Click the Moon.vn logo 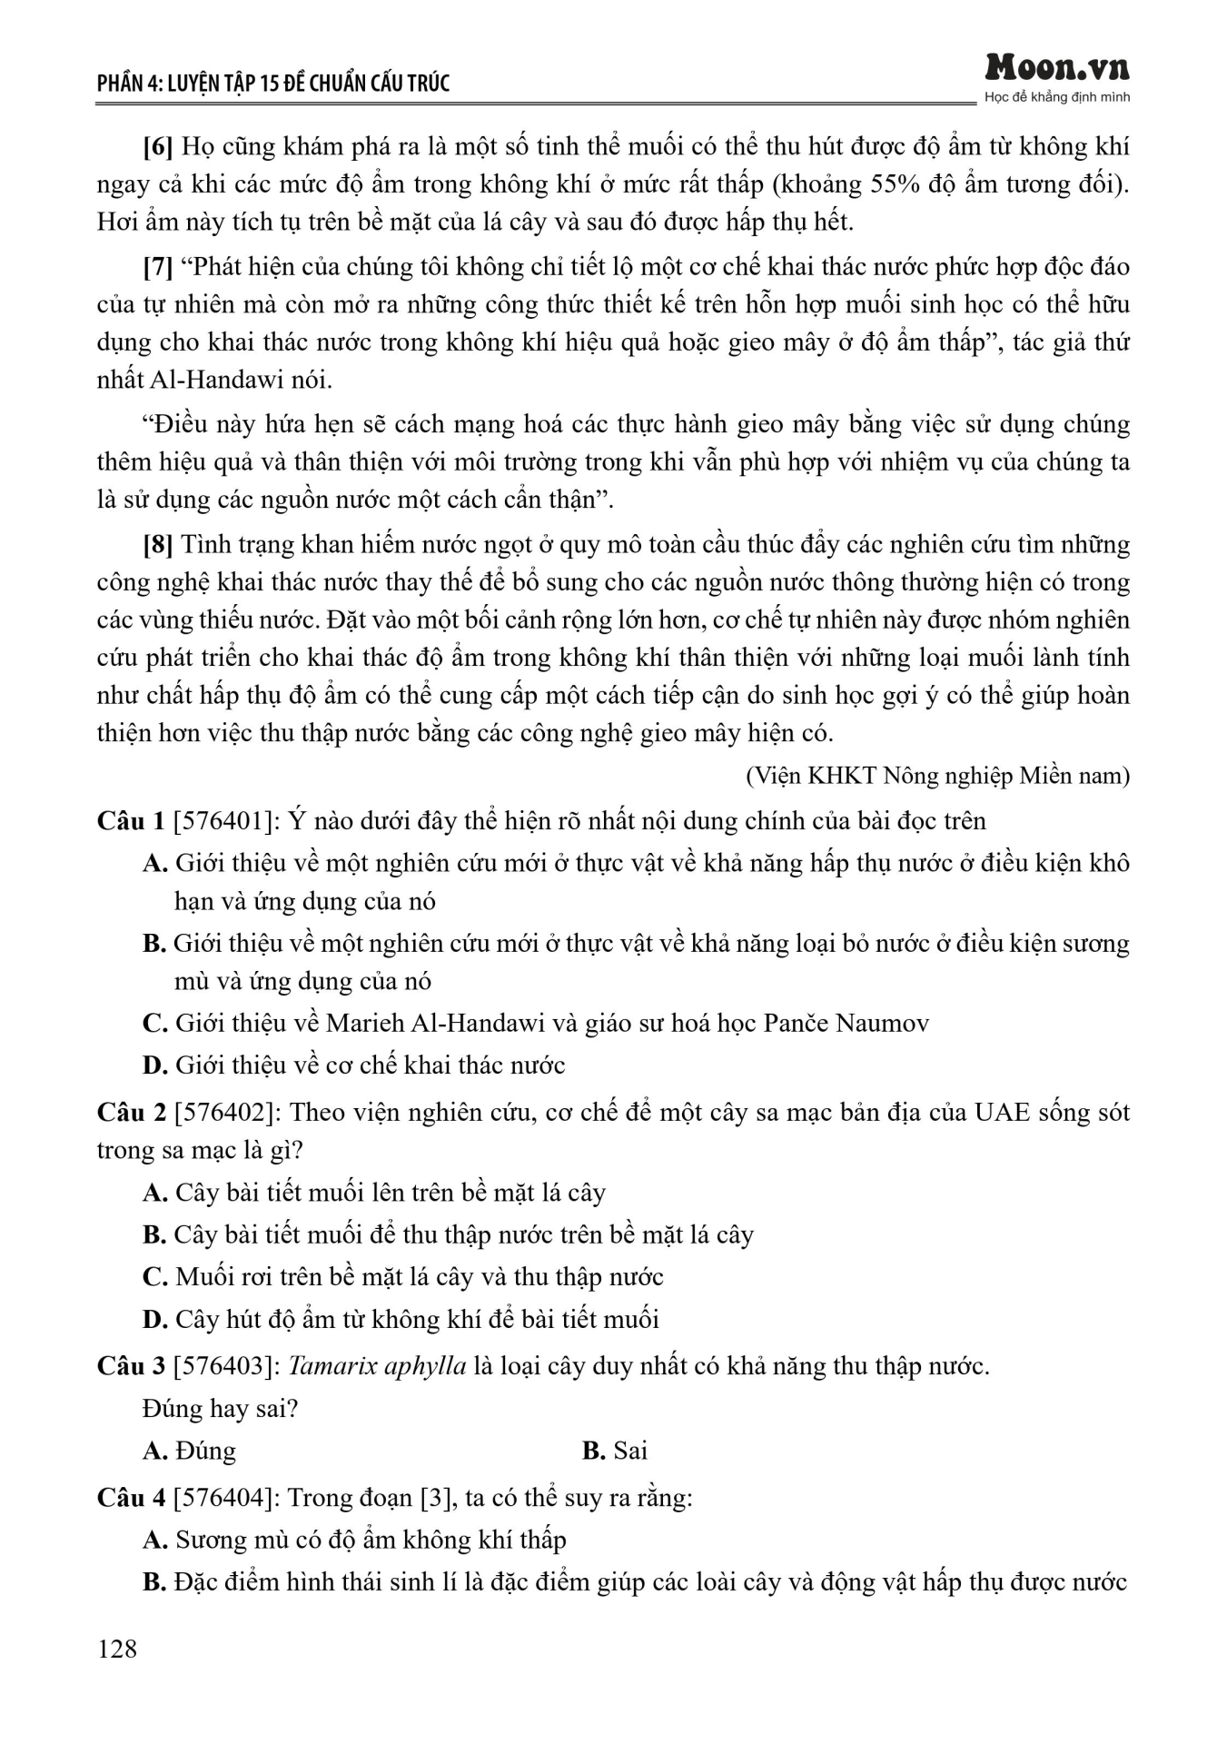[1057, 68]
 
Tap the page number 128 [117, 1649]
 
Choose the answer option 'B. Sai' [615, 1451]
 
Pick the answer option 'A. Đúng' [189, 1451]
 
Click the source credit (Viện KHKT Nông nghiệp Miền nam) [937, 776]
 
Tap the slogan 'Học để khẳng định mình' [1057, 97]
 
